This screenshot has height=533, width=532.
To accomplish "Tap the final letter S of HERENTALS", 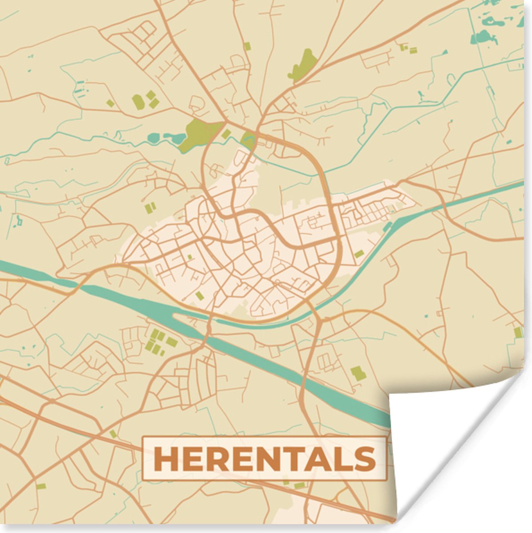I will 365,459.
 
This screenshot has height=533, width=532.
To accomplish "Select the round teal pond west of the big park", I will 153,138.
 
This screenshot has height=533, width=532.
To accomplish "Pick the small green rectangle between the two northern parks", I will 226,134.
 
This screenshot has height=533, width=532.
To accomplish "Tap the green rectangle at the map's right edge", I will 518,332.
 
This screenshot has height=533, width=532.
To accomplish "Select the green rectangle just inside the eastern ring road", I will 358,254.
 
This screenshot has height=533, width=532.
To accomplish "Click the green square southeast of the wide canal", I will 358,374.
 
